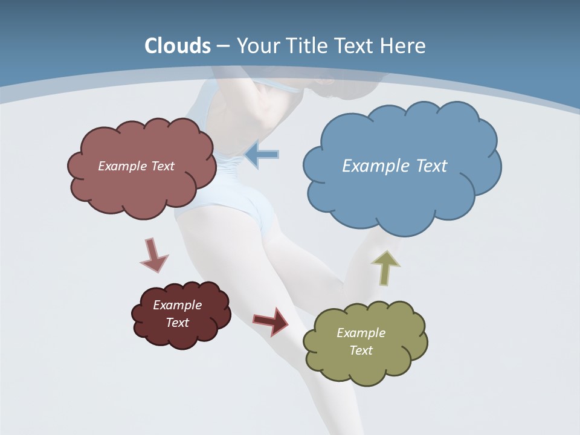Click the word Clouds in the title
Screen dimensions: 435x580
(178, 46)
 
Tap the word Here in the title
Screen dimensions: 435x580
(403, 46)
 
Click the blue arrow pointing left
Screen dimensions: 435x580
(262, 155)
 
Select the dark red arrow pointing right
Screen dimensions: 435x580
(271, 320)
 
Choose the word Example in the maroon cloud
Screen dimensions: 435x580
(177, 305)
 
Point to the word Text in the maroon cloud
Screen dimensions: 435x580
(177, 323)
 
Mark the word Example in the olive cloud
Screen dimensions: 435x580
(361, 333)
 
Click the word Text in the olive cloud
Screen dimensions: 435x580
(361, 350)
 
